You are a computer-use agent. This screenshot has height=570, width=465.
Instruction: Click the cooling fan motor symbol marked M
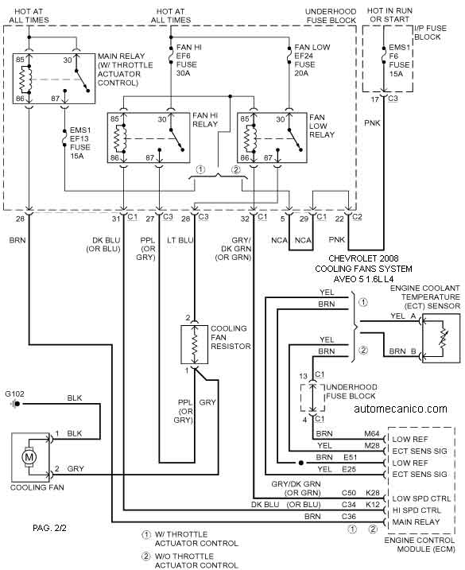[x=29, y=456]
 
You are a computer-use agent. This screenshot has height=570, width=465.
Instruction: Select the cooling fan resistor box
[x=195, y=344]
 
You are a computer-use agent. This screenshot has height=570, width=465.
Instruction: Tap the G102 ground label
[x=15, y=394]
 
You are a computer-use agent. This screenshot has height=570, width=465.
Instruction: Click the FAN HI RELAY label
[x=205, y=119]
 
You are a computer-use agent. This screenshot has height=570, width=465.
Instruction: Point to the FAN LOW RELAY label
[x=322, y=126]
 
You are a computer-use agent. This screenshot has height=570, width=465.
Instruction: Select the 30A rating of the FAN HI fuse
[x=184, y=73]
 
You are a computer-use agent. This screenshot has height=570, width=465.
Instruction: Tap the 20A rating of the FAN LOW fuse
[x=301, y=73]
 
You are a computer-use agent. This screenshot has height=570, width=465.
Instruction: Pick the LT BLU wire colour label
[x=180, y=240]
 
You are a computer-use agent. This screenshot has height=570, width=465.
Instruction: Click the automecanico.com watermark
[x=401, y=409]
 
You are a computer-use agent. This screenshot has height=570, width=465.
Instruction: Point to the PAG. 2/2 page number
[x=49, y=528]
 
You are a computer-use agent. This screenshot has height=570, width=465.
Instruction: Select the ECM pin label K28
[x=373, y=493]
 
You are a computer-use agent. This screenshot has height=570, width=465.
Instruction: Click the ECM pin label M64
[x=372, y=434]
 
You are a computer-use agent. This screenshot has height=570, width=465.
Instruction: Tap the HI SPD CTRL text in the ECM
[x=417, y=510]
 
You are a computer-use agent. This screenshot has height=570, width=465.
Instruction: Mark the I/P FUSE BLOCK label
[x=431, y=33]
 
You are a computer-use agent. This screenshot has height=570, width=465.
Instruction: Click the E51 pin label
[x=350, y=457]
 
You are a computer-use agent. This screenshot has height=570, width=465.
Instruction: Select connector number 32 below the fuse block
[x=245, y=219]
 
